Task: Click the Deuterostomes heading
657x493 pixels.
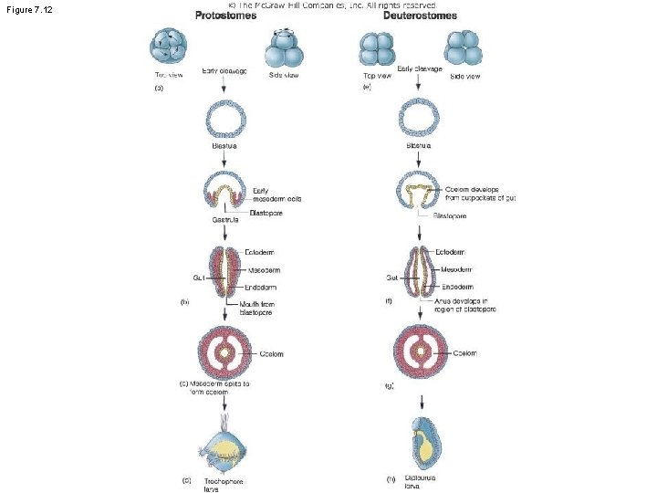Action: pos(420,16)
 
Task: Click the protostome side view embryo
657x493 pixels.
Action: pos(283,48)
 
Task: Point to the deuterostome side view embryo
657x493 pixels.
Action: pos(464,49)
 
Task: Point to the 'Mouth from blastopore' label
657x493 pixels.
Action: pos(256,308)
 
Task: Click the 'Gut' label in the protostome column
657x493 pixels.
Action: pos(198,277)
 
